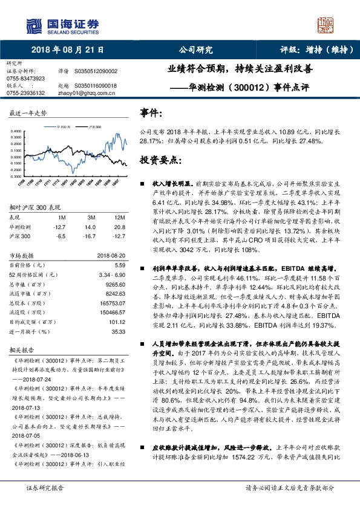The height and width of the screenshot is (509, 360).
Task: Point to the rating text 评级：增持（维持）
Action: tap(309, 51)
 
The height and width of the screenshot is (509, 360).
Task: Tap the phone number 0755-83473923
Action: tap(25, 79)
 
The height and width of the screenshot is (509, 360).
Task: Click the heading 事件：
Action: tap(152, 112)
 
